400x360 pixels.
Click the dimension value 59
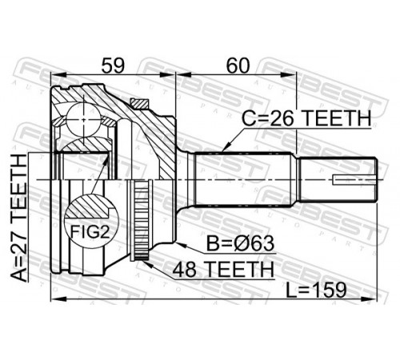tap(113, 66)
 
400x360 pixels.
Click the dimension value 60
tap(238, 66)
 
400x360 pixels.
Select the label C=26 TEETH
tap(306, 118)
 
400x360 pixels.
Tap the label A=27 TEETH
tap(19, 218)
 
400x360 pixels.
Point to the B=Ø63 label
tap(240, 244)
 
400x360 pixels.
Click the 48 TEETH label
tap(223, 270)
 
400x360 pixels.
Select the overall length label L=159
tap(316, 290)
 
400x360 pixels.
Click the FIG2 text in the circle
tap(90, 231)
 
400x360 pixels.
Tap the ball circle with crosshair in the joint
tap(84, 120)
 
